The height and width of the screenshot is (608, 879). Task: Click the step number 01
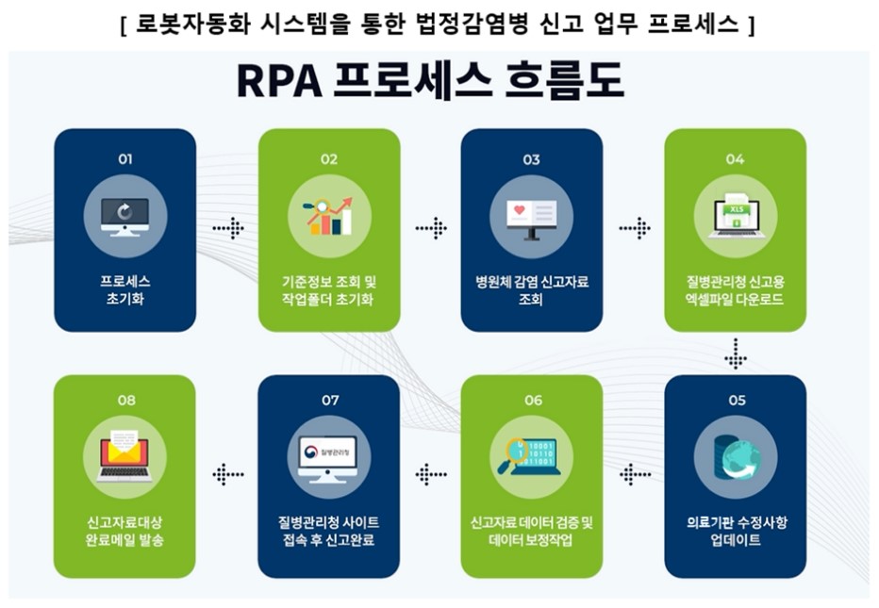124,159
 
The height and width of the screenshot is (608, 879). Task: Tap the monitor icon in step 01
124,216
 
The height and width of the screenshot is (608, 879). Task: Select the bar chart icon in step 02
328,216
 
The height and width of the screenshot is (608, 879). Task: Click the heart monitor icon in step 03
532,216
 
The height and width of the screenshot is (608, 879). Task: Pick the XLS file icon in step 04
736,216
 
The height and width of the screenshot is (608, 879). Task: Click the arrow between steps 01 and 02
227,228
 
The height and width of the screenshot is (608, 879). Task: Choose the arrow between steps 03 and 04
635,228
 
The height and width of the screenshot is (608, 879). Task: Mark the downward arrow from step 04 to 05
736,354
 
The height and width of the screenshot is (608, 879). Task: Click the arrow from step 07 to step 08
227,474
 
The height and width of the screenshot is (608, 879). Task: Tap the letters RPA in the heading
274,82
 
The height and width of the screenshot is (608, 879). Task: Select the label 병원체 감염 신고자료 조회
532,290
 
